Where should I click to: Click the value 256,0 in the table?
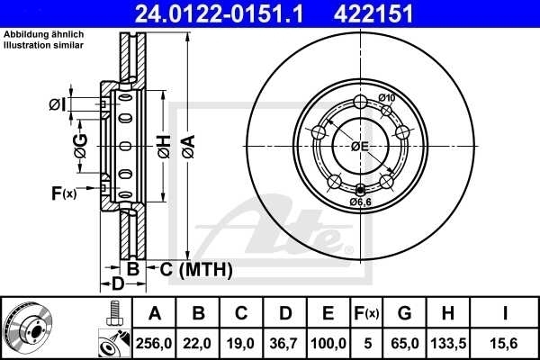point(154,343)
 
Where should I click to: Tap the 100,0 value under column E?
point(328,343)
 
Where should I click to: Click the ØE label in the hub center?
point(359,146)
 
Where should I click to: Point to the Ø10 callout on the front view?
point(387,97)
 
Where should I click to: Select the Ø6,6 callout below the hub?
point(361,202)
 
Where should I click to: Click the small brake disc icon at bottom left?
point(28,328)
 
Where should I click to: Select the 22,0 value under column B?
point(197,343)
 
